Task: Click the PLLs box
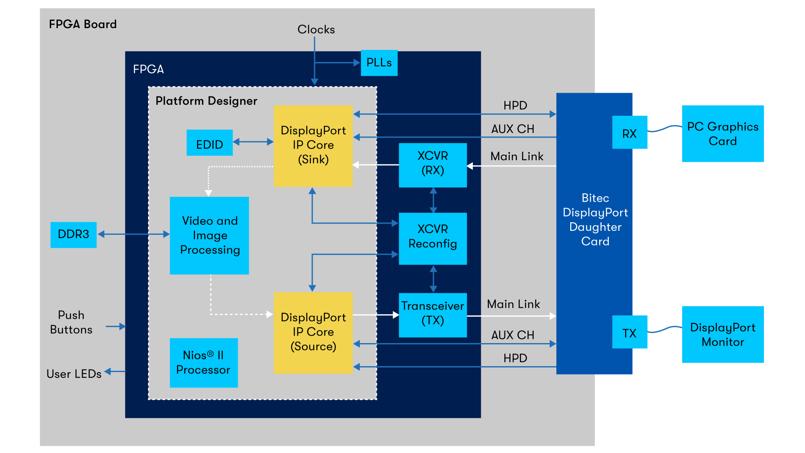point(379,63)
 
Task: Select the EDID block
point(209,143)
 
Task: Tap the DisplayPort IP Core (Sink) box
point(313,146)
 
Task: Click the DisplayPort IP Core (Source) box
point(313,333)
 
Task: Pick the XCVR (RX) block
point(433,165)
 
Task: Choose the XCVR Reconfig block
point(433,238)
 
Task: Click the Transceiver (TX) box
point(433,315)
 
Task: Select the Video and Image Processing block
point(209,235)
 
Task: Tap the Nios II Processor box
point(203,362)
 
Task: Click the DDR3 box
point(73,234)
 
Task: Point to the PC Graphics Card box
point(722,133)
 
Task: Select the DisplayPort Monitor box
point(722,334)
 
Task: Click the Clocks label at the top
point(316,29)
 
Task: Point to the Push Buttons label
point(71,322)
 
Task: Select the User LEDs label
point(74,374)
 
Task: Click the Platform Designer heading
point(206,101)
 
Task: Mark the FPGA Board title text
point(83,24)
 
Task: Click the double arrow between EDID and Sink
point(253,142)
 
